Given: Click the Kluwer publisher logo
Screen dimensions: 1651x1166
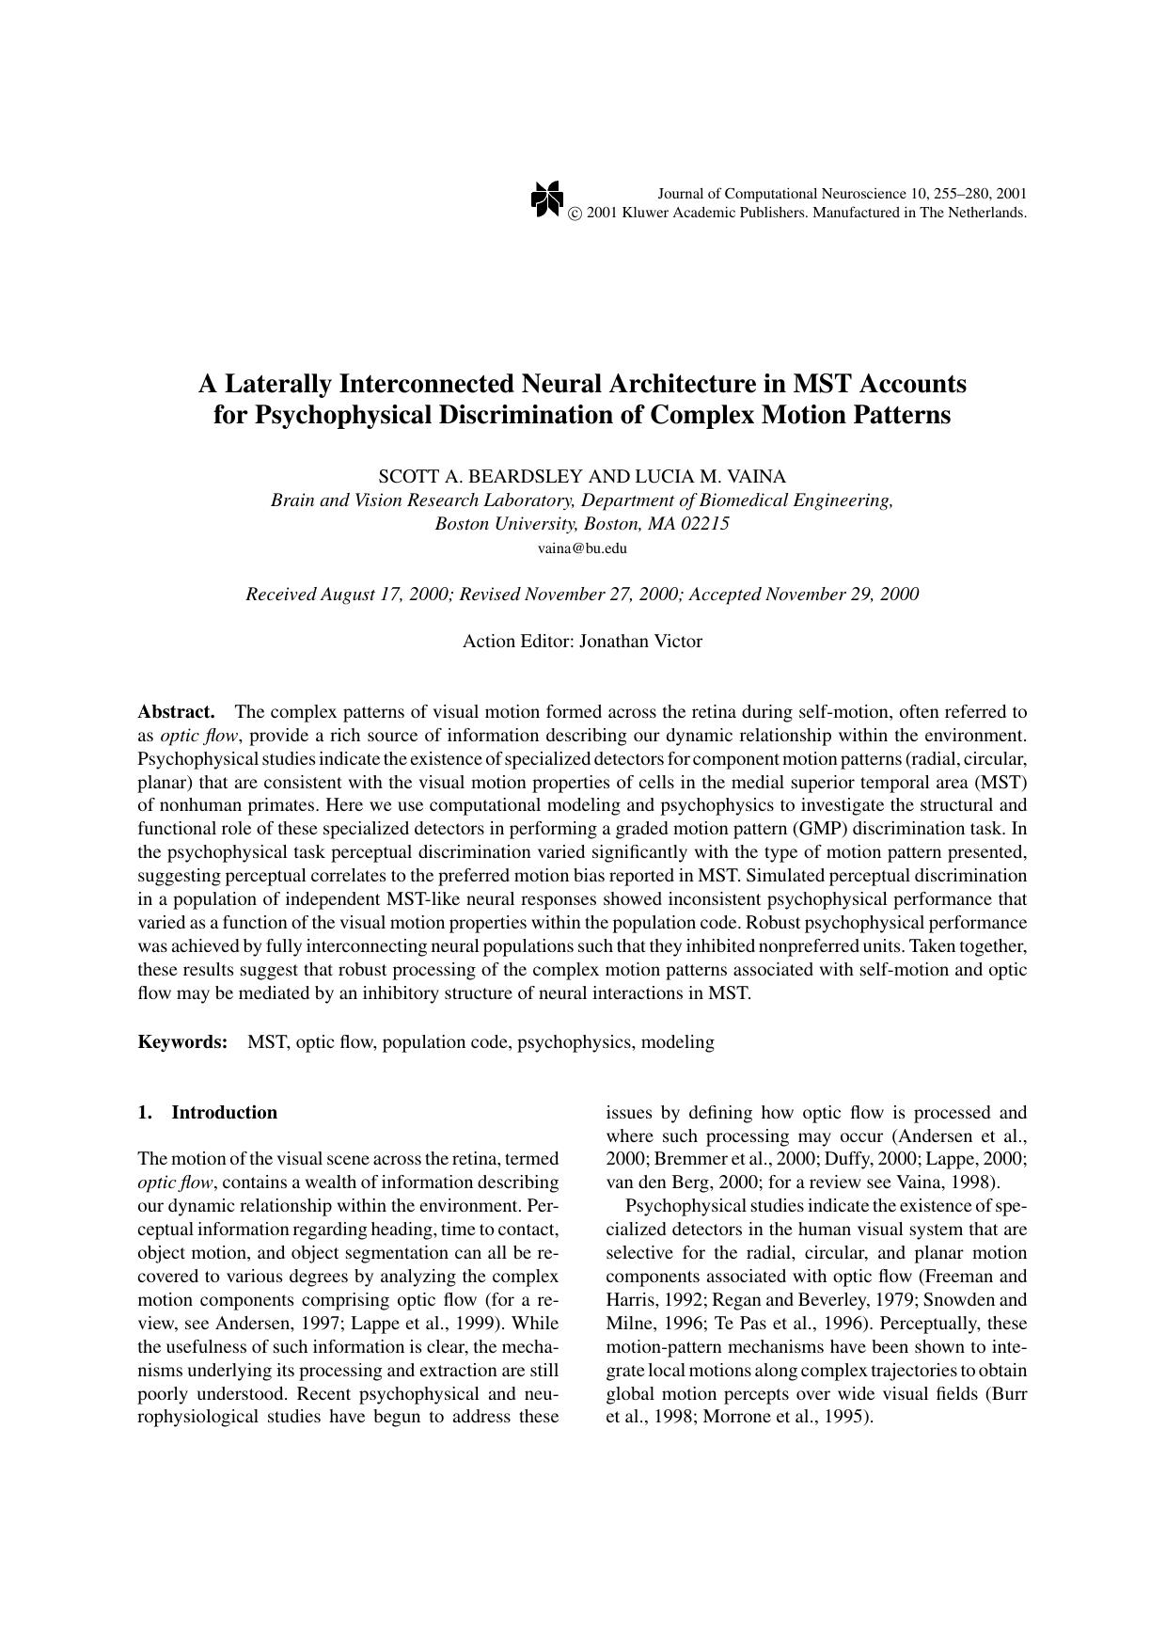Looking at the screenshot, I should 546,198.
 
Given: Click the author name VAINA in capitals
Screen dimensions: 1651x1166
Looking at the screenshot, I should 755,476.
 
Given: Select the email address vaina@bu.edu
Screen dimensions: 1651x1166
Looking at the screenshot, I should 582,548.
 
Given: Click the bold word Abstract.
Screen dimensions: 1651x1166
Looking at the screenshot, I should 176,711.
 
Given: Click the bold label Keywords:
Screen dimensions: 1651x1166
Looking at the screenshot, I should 183,1042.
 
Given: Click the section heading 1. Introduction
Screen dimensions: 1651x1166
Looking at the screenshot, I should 207,1113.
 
